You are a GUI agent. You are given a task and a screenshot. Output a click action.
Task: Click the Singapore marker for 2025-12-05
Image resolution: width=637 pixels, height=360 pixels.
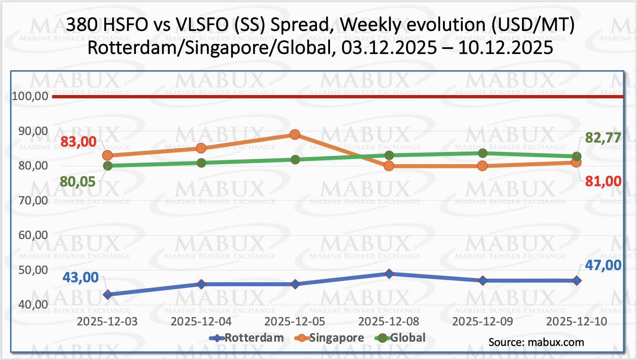295,135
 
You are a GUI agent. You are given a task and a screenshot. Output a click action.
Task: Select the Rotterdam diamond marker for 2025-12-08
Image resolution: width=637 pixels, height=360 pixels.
389,274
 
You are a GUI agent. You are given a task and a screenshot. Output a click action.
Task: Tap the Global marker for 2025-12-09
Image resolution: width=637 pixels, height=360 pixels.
483,153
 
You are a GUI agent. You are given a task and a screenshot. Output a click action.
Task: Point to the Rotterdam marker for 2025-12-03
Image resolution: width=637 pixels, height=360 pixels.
107,294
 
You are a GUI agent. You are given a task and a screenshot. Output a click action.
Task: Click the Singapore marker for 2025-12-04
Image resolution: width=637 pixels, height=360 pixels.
201,148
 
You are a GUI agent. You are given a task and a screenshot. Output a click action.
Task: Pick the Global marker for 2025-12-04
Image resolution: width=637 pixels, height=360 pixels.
201,163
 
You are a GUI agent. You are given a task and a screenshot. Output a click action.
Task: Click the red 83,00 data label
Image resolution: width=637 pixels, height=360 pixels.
78,142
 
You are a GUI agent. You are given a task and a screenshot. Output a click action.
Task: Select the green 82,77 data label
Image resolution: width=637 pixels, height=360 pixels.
603,138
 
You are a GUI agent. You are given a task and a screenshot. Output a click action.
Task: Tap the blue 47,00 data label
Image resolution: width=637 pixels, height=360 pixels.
603,265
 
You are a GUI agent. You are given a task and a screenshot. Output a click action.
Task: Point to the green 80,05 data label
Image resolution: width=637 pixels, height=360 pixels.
77,182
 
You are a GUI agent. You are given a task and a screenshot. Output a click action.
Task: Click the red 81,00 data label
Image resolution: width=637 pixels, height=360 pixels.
603,181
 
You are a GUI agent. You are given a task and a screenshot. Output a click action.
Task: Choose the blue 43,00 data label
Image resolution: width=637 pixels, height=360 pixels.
81,278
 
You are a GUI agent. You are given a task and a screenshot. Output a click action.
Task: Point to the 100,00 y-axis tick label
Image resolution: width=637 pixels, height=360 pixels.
30,96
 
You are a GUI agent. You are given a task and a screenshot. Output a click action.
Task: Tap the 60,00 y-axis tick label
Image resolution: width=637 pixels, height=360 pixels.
33,235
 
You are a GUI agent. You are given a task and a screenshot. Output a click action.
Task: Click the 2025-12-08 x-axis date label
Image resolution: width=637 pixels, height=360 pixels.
389,321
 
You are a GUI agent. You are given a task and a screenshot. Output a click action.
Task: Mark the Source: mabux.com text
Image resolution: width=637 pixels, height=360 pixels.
536,342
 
